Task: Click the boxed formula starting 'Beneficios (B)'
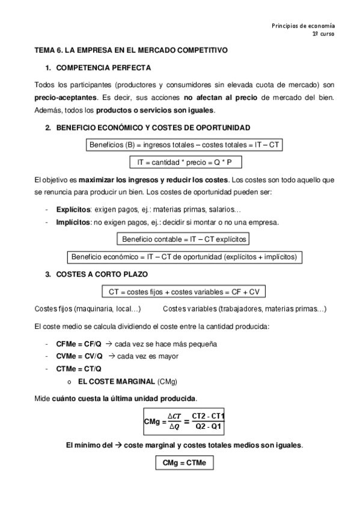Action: (x=185, y=145)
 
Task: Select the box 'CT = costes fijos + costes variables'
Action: (x=185, y=292)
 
